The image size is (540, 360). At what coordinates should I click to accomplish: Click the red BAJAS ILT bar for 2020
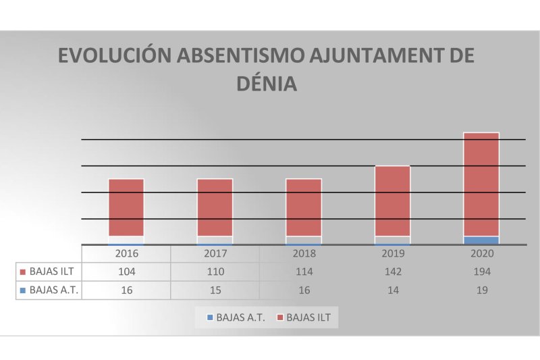(481, 184)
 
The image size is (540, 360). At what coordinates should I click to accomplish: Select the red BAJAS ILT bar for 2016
(126, 207)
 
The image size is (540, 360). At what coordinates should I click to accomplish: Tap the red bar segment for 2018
(304, 207)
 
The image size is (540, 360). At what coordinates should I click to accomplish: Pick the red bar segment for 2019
(392, 201)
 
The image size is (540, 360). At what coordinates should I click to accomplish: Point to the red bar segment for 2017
(215, 207)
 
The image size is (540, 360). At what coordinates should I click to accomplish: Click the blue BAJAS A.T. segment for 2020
(481, 240)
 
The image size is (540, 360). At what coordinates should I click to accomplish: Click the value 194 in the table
(482, 272)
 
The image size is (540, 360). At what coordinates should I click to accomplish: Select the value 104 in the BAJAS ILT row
(126, 272)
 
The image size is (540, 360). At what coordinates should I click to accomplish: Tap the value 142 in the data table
(393, 272)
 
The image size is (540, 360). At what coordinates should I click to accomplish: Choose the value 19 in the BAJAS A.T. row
(482, 290)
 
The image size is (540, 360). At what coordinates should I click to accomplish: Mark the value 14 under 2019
(393, 290)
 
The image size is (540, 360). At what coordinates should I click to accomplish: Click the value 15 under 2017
(215, 290)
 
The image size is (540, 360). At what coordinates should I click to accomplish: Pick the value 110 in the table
(215, 272)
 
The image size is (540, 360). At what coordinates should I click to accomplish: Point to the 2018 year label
(304, 254)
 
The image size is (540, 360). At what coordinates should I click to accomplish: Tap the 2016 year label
(126, 254)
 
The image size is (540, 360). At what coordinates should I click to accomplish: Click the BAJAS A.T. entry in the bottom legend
(236, 317)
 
